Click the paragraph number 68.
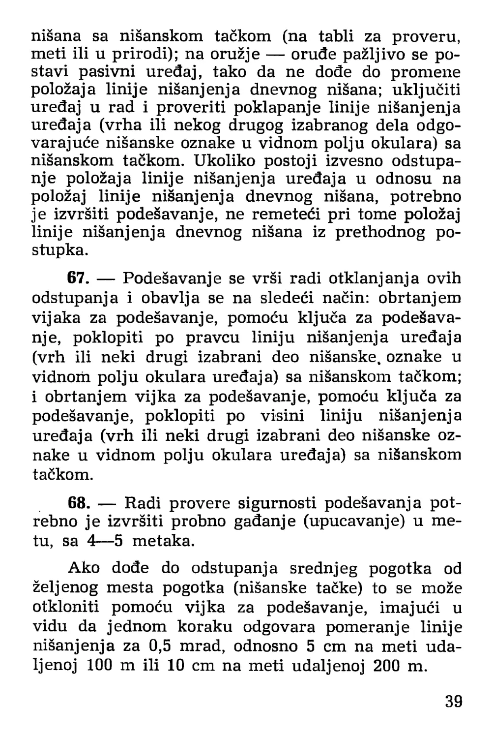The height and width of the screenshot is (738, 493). click(78, 503)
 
